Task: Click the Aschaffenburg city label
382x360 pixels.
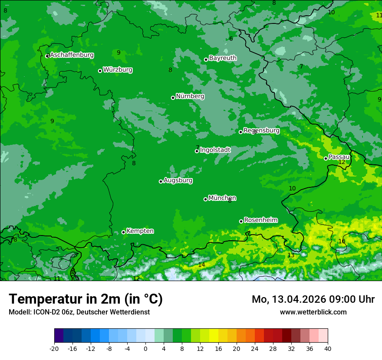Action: [x=72, y=55]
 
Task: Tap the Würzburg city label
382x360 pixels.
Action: [x=118, y=70]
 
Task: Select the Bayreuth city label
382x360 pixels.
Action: [x=223, y=58]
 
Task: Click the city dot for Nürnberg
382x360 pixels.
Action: [x=173, y=98]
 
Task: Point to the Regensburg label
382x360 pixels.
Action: [x=261, y=131]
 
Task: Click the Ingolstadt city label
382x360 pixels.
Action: [x=215, y=150]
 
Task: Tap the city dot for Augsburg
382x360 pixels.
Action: [x=161, y=181]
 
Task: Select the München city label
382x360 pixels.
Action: [x=222, y=198]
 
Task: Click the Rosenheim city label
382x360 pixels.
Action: [x=260, y=220]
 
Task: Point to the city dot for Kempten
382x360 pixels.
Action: [x=123, y=232]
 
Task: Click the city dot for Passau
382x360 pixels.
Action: [x=326, y=158]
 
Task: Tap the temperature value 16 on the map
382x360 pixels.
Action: [x=342, y=241]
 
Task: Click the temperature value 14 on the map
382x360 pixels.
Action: [x=201, y=265]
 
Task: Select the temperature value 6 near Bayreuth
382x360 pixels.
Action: [x=231, y=39]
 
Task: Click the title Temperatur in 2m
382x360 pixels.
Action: [x=86, y=299]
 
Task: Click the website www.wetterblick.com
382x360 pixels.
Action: [x=313, y=312]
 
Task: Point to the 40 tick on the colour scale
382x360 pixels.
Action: [x=328, y=349]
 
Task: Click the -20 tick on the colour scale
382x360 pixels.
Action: [x=54, y=349]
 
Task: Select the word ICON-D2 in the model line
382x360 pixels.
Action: [x=44, y=312]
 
